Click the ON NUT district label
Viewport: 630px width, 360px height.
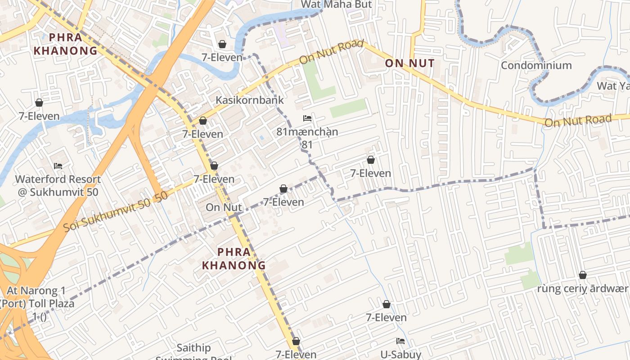coord(409,63)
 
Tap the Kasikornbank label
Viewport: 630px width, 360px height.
coord(250,100)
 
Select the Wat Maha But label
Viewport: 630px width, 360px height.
coord(336,4)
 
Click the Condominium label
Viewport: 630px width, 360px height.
coord(536,65)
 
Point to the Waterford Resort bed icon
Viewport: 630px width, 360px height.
coord(58,166)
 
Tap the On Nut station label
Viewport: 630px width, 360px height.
coord(224,207)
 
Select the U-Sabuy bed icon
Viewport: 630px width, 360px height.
coord(400,341)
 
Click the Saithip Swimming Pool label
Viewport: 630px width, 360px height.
coord(193,351)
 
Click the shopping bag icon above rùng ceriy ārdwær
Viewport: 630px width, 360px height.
coord(583,275)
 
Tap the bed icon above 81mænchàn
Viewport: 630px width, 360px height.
coord(307,118)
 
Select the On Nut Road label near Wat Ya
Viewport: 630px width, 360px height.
coord(578,120)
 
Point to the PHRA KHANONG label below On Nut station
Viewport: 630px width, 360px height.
coord(234,259)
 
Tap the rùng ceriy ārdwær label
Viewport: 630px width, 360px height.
coord(582,288)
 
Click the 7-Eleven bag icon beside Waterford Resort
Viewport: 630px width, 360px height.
coord(39,103)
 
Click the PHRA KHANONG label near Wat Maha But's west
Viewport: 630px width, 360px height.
coord(66,44)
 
